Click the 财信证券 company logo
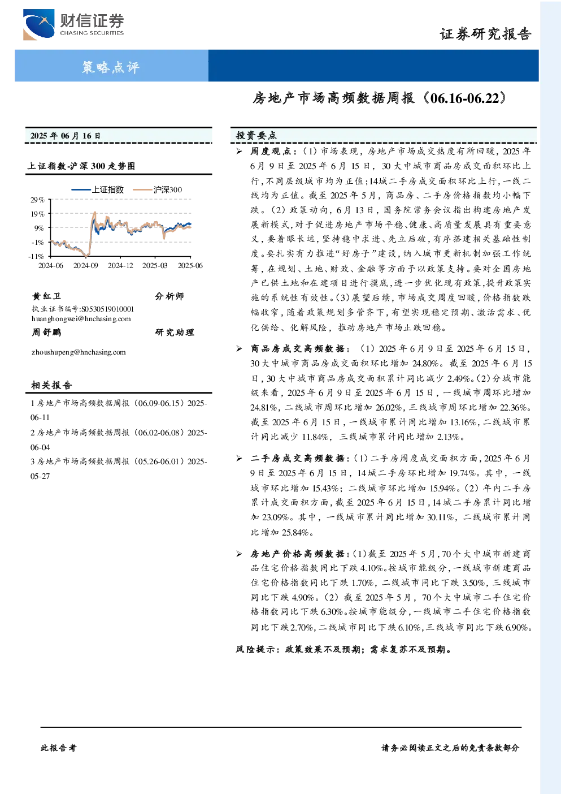73,24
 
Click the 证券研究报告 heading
485,34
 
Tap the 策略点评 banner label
111,67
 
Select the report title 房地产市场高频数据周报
333,98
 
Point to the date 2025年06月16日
66,136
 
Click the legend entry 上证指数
97,189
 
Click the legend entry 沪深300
157,189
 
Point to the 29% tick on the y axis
37,200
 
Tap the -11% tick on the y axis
37,256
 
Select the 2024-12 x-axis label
120,265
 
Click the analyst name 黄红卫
46,296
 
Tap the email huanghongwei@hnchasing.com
81,318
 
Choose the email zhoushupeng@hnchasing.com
79,352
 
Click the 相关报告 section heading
51,385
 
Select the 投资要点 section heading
256,135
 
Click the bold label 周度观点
271,152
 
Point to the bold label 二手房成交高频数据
298,458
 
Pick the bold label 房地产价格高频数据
298,554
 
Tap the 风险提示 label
255,649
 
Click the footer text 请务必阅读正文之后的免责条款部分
450,748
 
